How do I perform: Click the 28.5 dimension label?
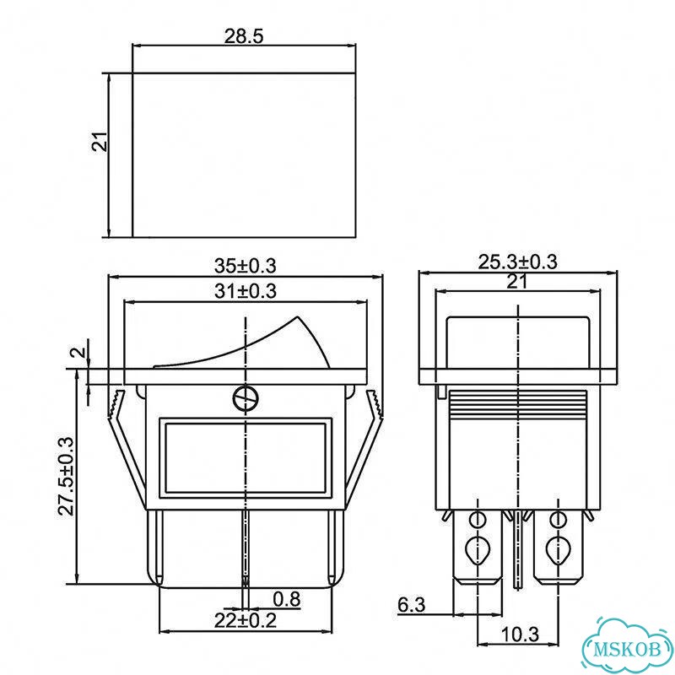tap(243, 36)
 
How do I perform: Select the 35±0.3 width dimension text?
tap(246, 266)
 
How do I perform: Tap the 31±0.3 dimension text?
tap(246, 291)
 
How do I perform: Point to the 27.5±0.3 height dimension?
tap(67, 476)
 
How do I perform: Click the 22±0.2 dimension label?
tap(246, 620)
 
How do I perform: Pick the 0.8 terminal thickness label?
tap(287, 599)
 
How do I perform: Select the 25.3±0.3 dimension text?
tap(517, 262)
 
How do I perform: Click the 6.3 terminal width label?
tap(411, 605)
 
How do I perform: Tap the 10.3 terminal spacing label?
tap(520, 634)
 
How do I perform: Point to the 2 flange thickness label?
tap(78, 352)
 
